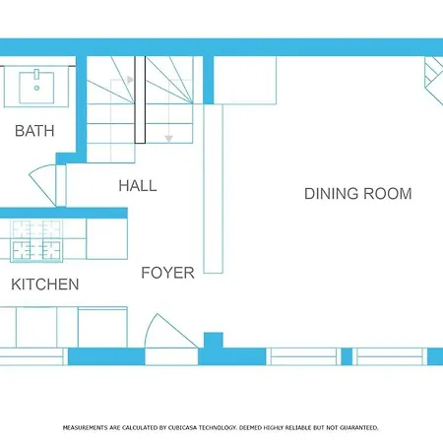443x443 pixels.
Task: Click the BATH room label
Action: click(34, 131)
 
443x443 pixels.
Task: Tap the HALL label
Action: click(138, 186)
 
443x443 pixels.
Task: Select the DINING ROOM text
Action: click(358, 194)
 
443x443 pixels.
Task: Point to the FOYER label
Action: click(167, 273)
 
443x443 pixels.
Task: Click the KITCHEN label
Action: click(45, 285)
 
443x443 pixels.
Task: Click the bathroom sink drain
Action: click(36, 88)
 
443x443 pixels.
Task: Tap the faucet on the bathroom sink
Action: click(36, 74)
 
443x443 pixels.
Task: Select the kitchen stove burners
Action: click(36, 241)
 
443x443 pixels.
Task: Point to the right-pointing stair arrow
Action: click(130, 80)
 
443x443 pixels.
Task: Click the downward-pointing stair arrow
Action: click(168, 139)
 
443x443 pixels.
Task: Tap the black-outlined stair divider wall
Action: click(140, 99)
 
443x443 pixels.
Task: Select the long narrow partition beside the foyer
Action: click(214, 189)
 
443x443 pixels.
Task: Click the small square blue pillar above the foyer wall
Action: click(214, 341)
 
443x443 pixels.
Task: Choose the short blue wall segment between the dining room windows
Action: click(347, 356)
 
